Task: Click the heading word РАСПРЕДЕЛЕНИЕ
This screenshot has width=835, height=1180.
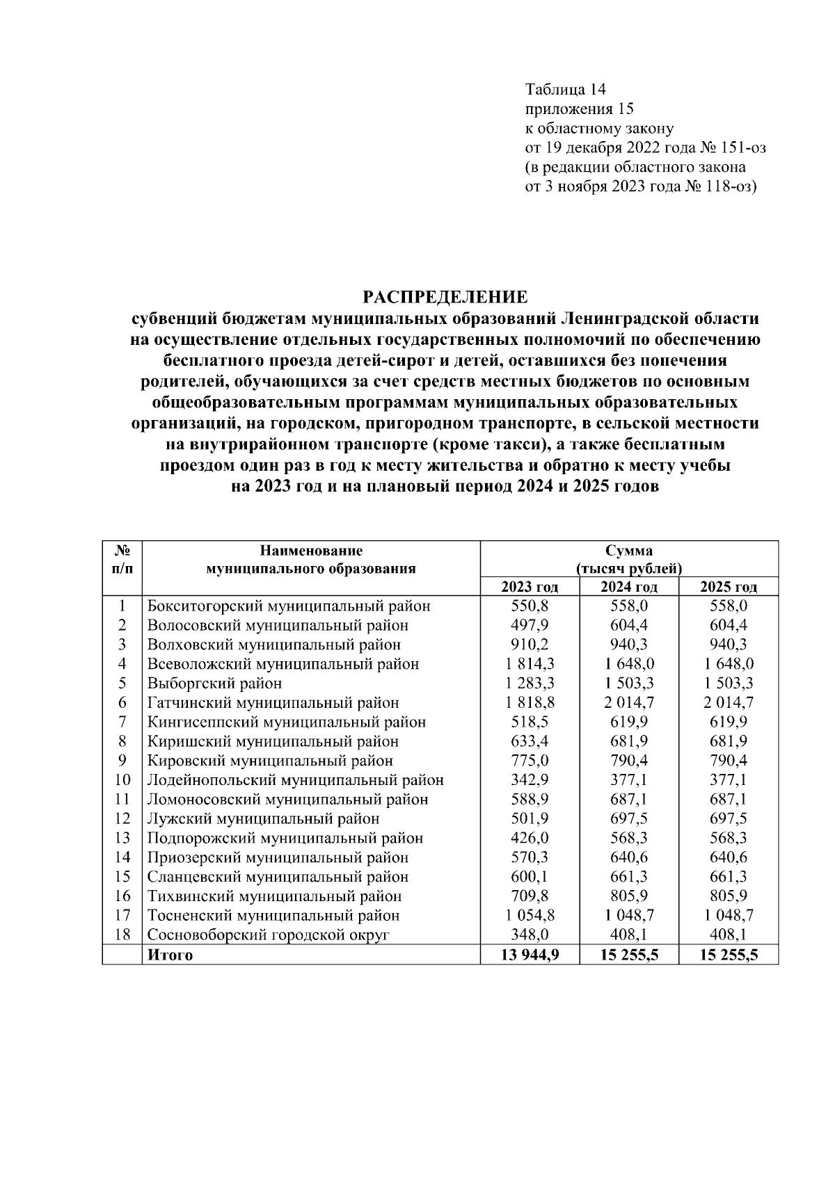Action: point(445,298)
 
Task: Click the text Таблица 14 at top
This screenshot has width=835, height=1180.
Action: point(566,90)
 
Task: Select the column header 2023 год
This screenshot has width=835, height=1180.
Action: point(530,587)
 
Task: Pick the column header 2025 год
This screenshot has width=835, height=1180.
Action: point(728,587)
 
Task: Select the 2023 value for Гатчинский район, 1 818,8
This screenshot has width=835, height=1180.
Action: point(530,703)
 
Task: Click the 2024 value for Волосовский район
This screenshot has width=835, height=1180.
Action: point(628,625)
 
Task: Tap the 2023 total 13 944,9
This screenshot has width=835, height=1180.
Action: point(530,955)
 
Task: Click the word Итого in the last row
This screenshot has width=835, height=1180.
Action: point(170,955)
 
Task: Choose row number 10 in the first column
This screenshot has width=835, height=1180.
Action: point(122,780)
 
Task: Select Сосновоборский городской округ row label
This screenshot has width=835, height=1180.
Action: point(268,935)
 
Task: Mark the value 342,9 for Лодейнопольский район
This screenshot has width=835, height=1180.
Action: point(530,780)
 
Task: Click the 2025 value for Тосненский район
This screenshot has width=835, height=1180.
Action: point(728,916)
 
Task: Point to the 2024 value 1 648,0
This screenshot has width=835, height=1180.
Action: point(628,664)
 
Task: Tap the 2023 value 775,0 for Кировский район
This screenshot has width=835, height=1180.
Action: point(530,761)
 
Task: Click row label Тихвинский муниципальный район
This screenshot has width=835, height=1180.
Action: point(274,896)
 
